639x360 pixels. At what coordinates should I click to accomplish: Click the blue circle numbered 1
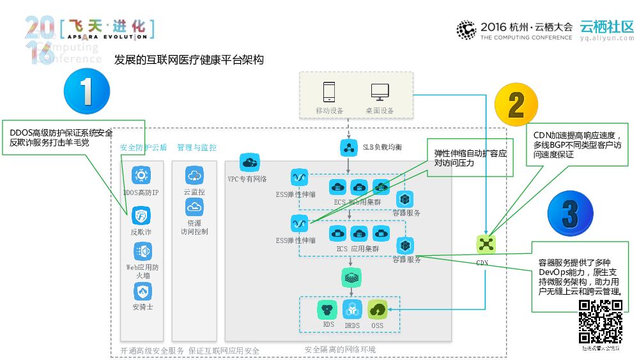pos(87,92)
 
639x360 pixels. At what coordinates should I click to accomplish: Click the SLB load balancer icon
pos(348,147)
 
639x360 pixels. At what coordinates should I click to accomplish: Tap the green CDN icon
pos(486,244)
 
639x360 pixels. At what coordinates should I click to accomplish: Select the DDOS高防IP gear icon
pos(141,175)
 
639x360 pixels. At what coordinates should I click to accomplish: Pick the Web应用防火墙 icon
pos(142,251)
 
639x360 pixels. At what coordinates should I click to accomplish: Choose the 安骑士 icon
pos(142,291)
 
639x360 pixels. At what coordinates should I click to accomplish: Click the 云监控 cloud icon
pos(194,175)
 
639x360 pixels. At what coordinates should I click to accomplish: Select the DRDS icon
pos(352,309)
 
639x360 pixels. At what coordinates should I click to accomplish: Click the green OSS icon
pos(378,309)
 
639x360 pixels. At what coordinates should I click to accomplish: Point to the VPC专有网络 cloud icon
pos(249,162)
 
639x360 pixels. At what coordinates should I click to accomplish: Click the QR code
pos(601,322)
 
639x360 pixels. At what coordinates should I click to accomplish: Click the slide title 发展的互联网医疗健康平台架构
pos(189,61)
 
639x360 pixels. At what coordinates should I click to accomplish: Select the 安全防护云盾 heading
pos(143,148)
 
